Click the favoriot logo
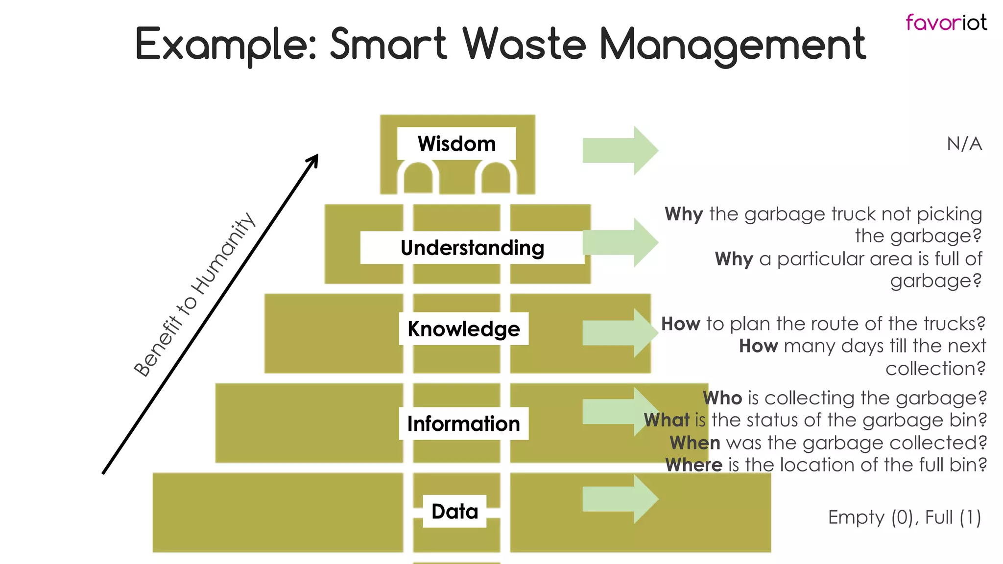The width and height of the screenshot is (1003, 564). tap(946, 23)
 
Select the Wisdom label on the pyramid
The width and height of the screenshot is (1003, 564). tap(456, 144)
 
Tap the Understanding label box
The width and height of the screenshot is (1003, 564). tap(472, 248)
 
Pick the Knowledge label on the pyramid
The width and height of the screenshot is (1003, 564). tap(463, 329)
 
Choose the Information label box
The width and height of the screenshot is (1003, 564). tap(463, 423)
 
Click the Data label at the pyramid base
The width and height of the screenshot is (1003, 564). tap(454, 511)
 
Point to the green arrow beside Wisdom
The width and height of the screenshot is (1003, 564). tap(620, 150)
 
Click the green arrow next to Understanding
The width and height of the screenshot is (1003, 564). tap(620, 242)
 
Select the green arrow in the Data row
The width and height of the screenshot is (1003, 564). tap(620, 499)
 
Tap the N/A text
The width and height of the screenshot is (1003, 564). tap(964, 144)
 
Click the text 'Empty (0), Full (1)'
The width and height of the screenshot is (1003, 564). tap(904, 517)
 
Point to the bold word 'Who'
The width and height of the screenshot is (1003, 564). tap(722, 398)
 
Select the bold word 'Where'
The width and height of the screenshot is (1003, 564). tap(693, 465)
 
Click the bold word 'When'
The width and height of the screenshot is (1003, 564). tap(695, 443)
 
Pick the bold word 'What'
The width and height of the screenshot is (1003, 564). tap(667, 420)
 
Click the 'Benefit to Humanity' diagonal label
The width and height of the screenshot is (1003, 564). tap(194, 295)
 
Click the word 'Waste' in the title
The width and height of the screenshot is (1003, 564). tap(524, 44)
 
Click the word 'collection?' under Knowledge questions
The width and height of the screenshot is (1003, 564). tap(935, 369)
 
